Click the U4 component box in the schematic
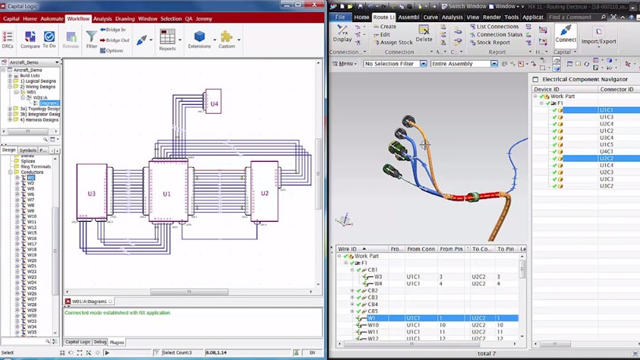tap(214, 103)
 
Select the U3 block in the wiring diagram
tap(91, 194)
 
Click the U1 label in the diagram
tap(167, 194)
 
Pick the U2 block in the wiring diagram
tap(264, 193)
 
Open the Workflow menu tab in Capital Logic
tap(77, 18)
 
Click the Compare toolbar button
tap(30, 39)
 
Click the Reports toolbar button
tap(167, 39)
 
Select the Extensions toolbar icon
tap(199, 39)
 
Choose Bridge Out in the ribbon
tap(117, 40)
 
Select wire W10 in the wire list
tap(373, 324)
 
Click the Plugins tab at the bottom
tap(117, 342)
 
